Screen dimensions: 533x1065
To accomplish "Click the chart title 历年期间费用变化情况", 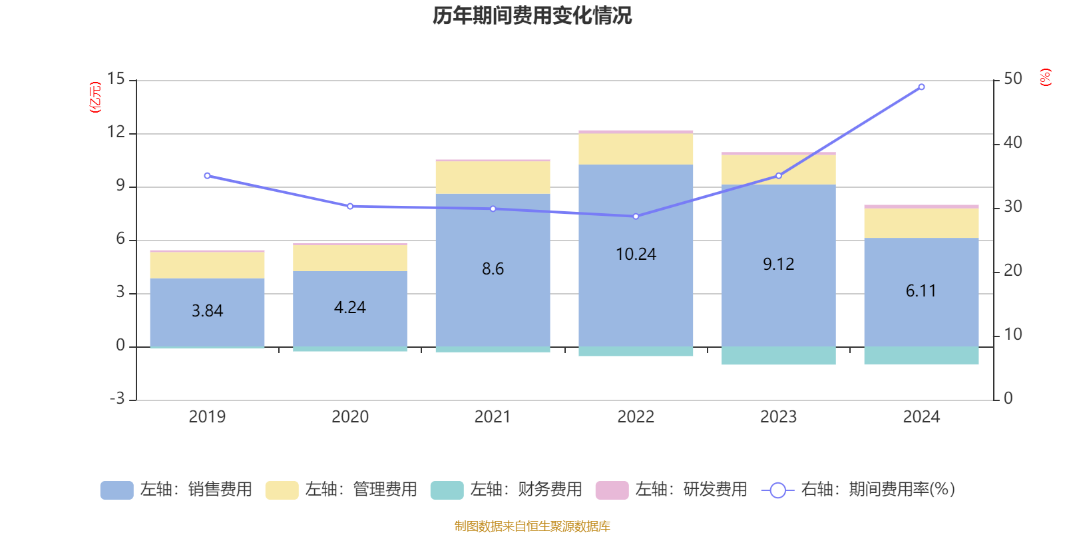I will (x=532, y=15).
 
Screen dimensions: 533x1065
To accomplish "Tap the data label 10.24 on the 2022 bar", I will (x=636, y=255).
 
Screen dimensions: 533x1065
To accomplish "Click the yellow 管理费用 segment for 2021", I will (x=493, y=177).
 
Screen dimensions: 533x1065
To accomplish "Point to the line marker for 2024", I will (x=921, y=87).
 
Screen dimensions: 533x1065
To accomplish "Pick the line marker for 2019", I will (x=207, y=176).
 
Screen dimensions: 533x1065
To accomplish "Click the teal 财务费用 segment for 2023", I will (x=778, y=355).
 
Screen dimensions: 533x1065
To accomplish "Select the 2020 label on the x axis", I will (x=350, y=417).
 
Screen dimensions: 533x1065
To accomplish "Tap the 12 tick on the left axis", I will (x=116, y=133).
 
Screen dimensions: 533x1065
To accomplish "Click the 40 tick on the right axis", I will (x=1012, y=143).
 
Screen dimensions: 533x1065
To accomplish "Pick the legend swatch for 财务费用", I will (x=447, y=490).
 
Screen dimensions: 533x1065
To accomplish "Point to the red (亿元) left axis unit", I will (x=96, y=97).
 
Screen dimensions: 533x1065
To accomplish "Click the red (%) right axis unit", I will (x=1045, y=77).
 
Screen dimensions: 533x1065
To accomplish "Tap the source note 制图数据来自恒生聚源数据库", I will (x=532, y=526).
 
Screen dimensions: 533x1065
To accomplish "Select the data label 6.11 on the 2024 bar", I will (x=921, y=291).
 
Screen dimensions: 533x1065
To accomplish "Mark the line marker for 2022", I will (x=636, y=217).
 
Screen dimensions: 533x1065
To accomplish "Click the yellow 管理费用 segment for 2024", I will (x=921, y=223).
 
